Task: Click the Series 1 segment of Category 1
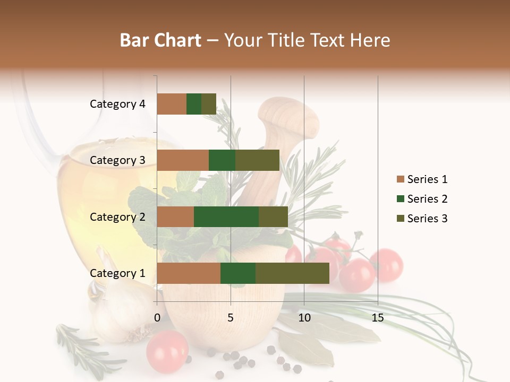pyautogui.click(x=189, y=273)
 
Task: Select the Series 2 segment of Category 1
pyautogui.click(x=238, y=273)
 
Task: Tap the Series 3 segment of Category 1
pyautogui.click(x=292, y=273)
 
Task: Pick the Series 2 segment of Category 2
pyautogui.click(x=226, y=216)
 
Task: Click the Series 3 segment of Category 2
pyautogui.click(x=273, y=216)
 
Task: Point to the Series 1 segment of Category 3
pyautogui.click(x=183, y=160)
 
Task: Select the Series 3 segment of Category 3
pyautogui.click(x=257, y=160)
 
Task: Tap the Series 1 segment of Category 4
pyautogui.click(x=172, y=104)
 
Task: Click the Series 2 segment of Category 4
pyautogui.click(x=194, y=104)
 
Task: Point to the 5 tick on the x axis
pyautogui.click(x=231, y=318)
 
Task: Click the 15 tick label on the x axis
pyautogui.click(x=377, y=318)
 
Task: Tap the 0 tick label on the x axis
pyautogui.click(x=157, y=318)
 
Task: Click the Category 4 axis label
pyautogui.click(x=117, y=104)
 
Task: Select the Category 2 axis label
pyautogui.click(x=117, y=216)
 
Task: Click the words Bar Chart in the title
pyautogui.click(x=160, y=40)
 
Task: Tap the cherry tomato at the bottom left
pyautogui.click(x=167, y=351)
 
